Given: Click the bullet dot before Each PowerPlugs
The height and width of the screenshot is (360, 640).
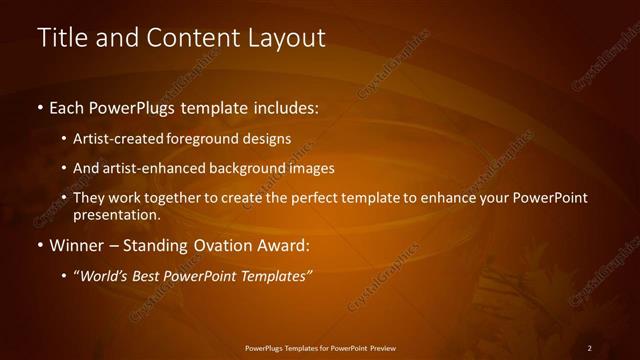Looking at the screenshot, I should click(x=39, y=106).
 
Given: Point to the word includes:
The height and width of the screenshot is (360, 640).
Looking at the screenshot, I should click(x=283, y=106).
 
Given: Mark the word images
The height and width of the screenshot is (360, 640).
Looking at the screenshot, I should click(x=313, y=168).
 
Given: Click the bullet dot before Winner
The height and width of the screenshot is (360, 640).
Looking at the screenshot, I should click(x=39, y=245).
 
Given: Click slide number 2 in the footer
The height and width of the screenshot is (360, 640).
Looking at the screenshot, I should click(x=590, y=347).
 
